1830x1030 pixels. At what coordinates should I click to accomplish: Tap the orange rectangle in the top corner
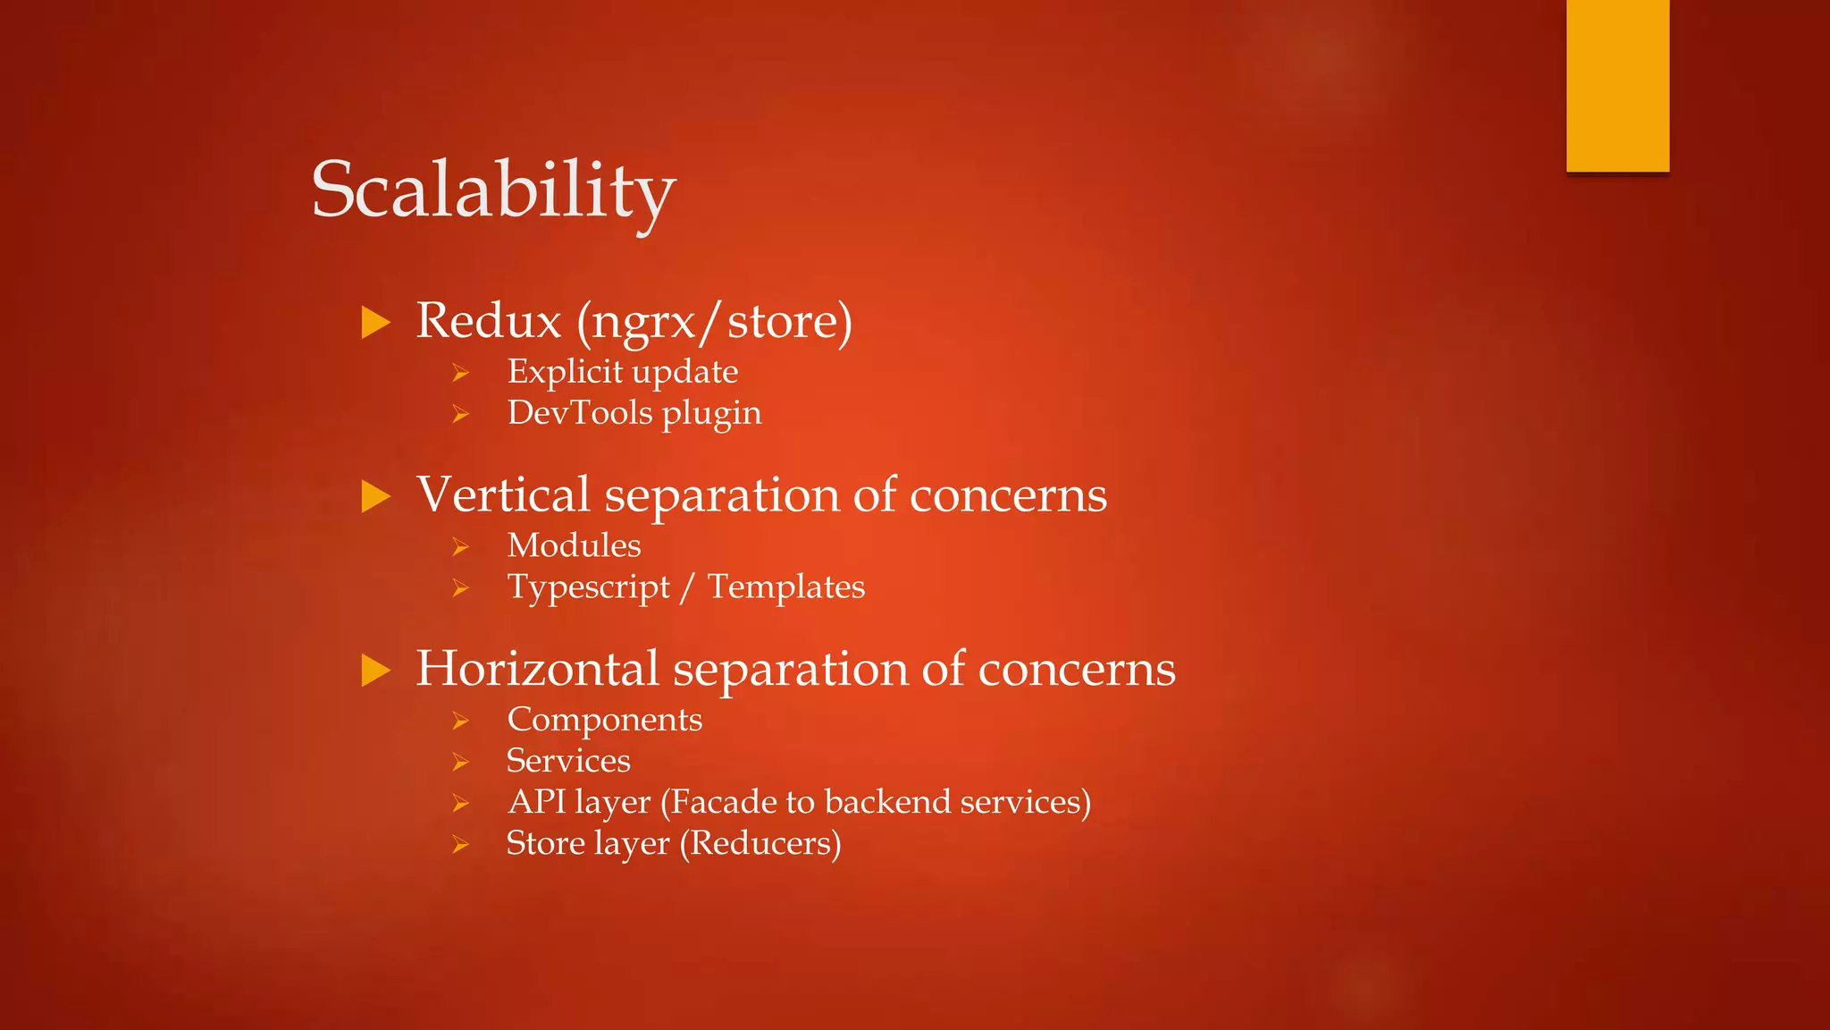pyautogui.click(x=1617, y=85)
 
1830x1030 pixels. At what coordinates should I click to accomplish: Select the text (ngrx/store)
pyautogui.click(x=715, y=322)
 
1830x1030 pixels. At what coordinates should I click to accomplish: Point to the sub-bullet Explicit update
pyautogui.click(x=622, y=372)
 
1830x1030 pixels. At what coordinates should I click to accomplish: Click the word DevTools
pyautogui.click(x=580, y=413)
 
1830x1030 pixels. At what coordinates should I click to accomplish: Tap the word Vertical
pyautogui.click(x=503, y=494)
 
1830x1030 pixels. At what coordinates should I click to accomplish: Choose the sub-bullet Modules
pyautogui.click(x=574, y=545)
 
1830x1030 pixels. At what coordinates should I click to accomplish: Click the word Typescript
pyautogui.click(x=588, y=587)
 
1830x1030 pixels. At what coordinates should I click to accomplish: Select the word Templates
pyautogui.click(x=786, y=587)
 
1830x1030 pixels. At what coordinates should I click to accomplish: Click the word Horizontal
pyautogui.click(x=537, y=668)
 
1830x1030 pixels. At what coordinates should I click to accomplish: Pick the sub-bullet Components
pyautogui.click(x=604, y=720)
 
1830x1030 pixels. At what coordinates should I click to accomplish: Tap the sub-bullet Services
pyautogui.click(x=568, y=761)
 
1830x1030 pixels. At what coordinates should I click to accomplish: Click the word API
pyautogui.click(x=536, y=802)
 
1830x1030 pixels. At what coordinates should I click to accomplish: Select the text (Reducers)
pyautogui.click(x=760, y=843)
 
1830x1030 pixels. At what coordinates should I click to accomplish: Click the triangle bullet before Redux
pyautogui.click(x=376, y=323)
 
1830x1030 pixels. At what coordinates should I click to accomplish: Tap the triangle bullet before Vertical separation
pyautogui.click(x=376, y=496)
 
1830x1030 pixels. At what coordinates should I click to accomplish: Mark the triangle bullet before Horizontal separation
pyautogui.click(x=376, y=671)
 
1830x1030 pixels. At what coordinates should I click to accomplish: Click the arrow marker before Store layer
pyautogui.click(x=460, y=845)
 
